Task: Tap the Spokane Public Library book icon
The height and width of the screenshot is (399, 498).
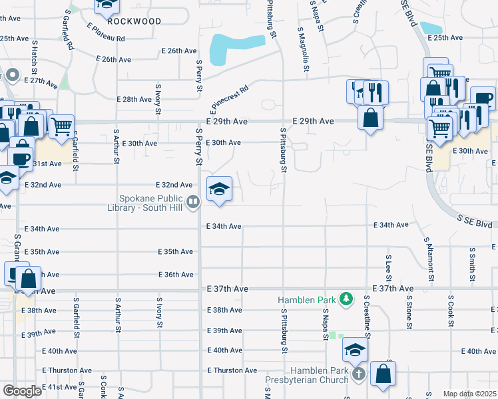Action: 193,200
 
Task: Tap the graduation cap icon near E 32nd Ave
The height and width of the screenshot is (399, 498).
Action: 218,190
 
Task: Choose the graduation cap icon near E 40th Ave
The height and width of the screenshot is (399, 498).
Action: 356,350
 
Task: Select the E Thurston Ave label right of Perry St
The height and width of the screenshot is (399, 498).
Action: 232,370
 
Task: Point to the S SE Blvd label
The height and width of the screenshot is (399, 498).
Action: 477,221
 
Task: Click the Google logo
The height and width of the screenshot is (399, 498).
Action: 22,391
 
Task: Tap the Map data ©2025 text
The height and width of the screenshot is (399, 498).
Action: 469,394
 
